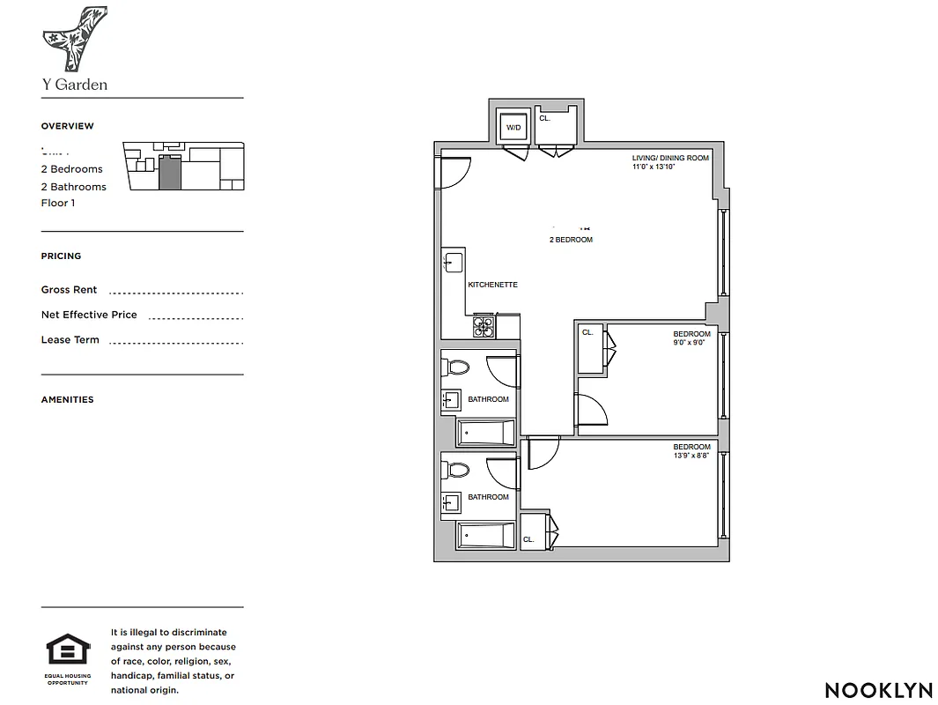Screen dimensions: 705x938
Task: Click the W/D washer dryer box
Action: (x=513, y=127)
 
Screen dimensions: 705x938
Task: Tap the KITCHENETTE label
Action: (x=492, y=285)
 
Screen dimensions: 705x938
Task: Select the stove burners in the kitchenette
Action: (x=484, y=326)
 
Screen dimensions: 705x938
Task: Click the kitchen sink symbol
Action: (x=453, y=263)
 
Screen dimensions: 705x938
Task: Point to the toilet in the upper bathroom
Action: (x=458, y=369)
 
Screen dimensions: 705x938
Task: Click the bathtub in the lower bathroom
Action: (x=485, y=534)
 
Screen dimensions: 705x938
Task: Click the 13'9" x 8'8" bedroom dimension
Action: (x=691, y=456)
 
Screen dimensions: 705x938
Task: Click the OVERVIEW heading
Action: (x=67, y=126)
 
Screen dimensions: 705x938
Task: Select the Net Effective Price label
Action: (x=89, y=315)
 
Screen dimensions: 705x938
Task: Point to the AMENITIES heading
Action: (x=67, y=399)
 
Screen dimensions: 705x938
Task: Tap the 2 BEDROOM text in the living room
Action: (x=571, y=240)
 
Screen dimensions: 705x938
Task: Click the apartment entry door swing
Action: (x=454, y=173)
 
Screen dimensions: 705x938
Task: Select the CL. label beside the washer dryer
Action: (x=544, y=118)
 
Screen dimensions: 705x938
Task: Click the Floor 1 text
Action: (x=58, y=203)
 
